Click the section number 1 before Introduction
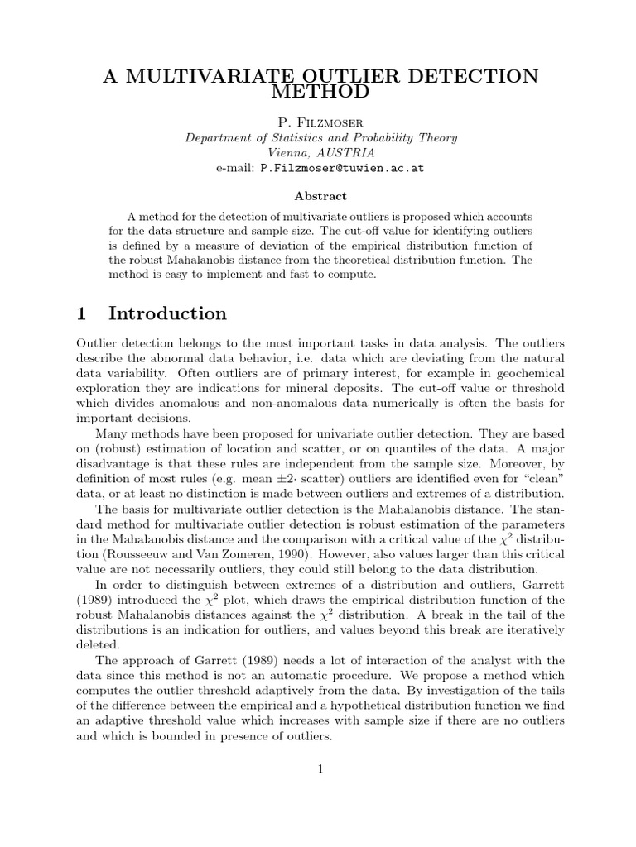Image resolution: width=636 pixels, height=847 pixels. [x=81, y=313]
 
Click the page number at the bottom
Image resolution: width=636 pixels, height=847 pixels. [x=319, y=769]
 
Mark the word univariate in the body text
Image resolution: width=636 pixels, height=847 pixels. [x=379, y=433]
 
